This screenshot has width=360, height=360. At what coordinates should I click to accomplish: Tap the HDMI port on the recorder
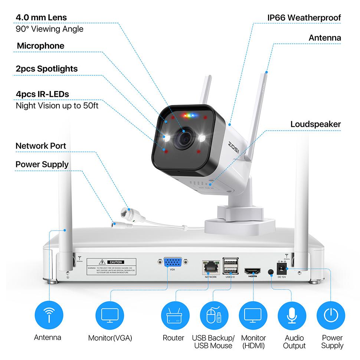click(x=252, y=271)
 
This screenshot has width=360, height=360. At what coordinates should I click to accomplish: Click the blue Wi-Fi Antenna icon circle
click(x=48, y=315)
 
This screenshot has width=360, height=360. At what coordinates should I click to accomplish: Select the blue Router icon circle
click(x=173, y=315)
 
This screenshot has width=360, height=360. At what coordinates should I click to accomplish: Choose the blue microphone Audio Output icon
click(x=291, y=315)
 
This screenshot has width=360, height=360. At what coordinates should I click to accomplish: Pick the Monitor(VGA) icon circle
click(x=110, y=315)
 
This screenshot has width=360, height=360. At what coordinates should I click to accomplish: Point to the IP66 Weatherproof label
click(x=304, y=17)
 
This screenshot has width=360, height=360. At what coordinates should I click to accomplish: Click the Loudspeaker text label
click(x=315, y=124)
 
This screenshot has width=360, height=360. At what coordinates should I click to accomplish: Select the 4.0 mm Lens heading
click(x=41, y=17)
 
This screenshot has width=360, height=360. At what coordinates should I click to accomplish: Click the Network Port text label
click(x=41, y=146)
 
